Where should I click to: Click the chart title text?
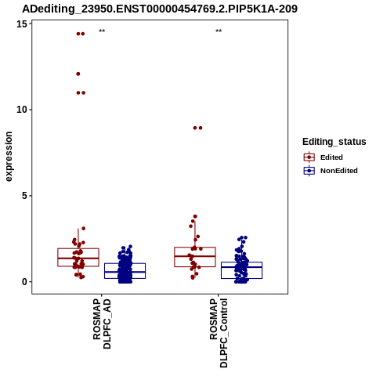pos(160,9)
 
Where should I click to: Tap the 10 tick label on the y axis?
pos(22,110)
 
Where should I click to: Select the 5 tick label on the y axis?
pos(24,196)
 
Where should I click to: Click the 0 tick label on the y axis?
pos(24,282)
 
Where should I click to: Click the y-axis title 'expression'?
pos(9,157)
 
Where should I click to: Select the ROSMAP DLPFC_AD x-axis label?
pos(102,324)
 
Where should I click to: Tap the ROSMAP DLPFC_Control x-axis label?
pos(219,333)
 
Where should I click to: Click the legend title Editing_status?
pos(334,142)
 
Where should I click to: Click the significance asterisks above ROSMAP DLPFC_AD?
pos(102,31)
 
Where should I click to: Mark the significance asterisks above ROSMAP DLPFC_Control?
pos(219,31)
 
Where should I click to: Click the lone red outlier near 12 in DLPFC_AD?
pos(78,74)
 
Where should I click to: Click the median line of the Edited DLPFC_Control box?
pos(195,256)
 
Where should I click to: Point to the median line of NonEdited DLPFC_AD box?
pos(125,272)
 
